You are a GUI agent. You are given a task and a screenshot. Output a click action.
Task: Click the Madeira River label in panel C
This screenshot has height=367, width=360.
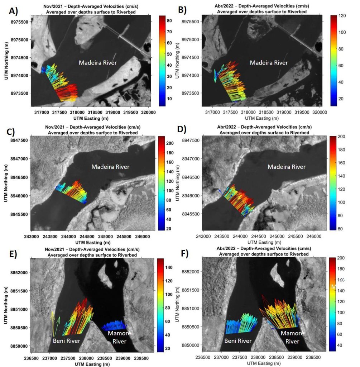pos(110,167)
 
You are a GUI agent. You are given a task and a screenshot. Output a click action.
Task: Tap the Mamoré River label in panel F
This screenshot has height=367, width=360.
pos(292,337)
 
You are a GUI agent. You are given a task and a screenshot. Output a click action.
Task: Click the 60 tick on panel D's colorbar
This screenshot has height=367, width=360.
pos(340,228)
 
